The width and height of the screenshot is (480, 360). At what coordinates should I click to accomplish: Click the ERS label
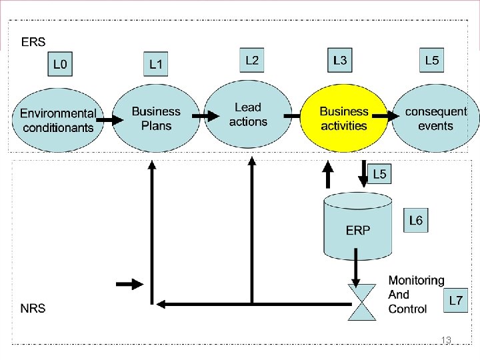point(33,42)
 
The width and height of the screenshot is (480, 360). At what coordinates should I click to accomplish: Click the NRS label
point(33,309)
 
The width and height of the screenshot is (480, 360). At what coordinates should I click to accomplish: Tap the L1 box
point(155,65)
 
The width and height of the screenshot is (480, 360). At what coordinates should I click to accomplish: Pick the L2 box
point(252,61)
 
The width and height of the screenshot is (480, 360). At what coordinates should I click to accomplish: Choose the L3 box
point(340,61)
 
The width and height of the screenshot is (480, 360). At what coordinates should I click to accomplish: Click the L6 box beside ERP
point(416,221)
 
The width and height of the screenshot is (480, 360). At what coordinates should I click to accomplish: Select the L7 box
point(456,301)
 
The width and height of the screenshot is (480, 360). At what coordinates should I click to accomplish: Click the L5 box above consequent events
point(432,61)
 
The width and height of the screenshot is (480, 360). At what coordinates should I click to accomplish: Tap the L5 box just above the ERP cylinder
point(379,175)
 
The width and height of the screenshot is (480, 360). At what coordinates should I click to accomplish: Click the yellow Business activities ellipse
point(344,119)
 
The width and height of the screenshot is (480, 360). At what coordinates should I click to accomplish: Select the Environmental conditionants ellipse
point(57,120)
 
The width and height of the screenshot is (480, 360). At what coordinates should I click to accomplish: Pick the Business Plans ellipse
point(156,119)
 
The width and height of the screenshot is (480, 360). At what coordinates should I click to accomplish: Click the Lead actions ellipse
point(248,115)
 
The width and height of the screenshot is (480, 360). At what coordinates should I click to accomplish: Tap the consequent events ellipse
point(436,119)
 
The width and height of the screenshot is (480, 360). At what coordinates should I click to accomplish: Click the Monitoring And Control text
point(416,295)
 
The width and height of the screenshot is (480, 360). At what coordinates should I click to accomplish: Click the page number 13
point(446,341)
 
